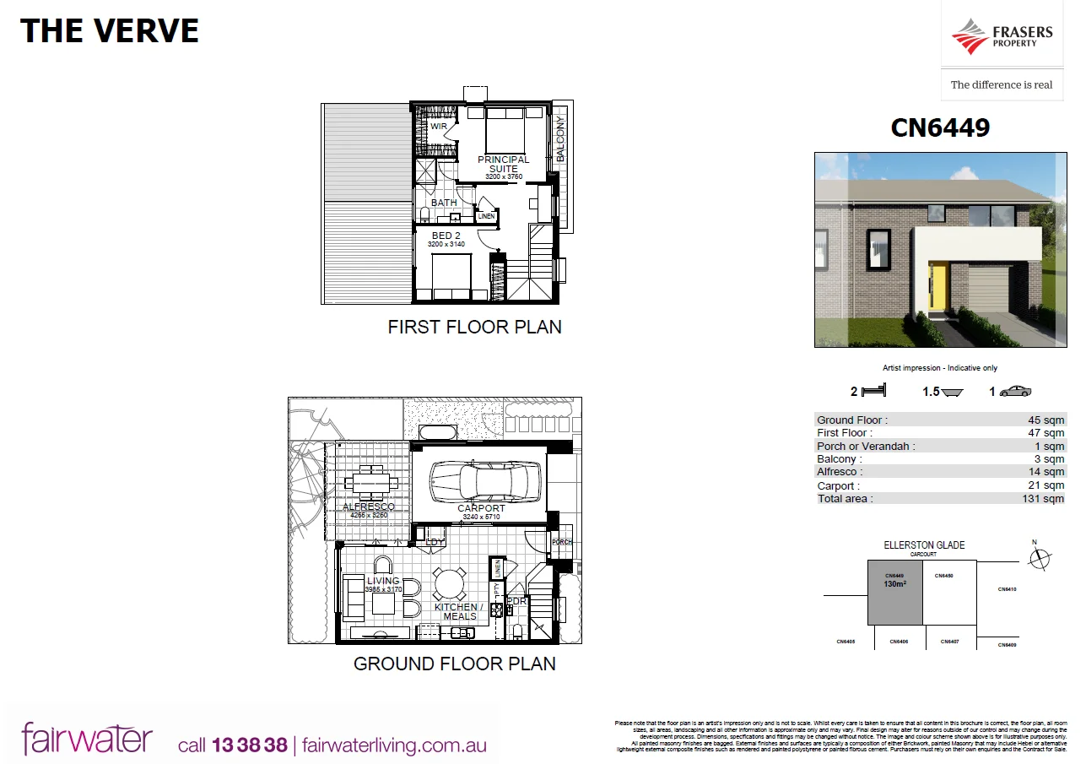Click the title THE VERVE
(110, 31)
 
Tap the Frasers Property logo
(1002, 37)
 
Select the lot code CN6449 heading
(940, 127)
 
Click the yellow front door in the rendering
(937, 288)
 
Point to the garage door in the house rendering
(988, 289)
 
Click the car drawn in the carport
(478, 482)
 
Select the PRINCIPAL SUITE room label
(504, 164)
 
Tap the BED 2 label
(446, 236)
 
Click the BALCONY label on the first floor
(560, 138)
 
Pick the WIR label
(439, 127)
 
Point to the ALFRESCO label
(369, 507)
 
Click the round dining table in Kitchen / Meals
(450, 582)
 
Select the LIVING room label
(383, 581)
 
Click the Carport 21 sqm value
(1049, 485)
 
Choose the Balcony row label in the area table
(839, 459)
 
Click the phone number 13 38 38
(250, 745)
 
